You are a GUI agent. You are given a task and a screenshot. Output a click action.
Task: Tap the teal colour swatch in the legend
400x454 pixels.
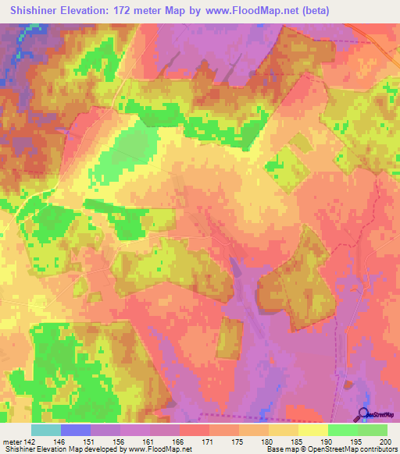[x=46, y=430]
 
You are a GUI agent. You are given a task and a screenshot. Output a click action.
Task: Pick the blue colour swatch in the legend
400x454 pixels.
[x=76, y=430]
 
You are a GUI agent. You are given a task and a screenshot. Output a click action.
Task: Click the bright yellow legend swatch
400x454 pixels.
[x=313, y=430]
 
